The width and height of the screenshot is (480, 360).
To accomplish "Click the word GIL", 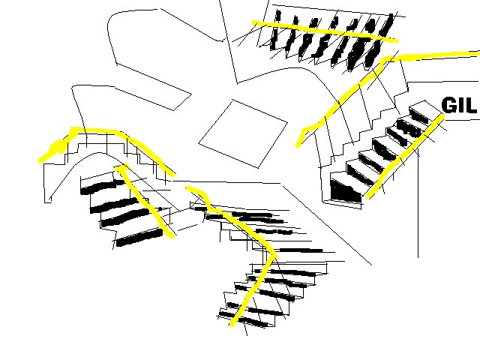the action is click(459, 105).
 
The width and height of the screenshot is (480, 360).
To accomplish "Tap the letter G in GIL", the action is click(449, 105).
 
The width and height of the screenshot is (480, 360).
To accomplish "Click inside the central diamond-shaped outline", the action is click(243, 134).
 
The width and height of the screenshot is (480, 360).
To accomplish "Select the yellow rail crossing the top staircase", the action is click(325, 31).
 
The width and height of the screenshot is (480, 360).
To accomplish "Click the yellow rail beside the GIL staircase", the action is click(406, 156).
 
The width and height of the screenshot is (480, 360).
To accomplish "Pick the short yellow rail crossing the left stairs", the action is click(144, 200).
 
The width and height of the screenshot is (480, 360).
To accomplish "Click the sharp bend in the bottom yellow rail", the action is click(274, 254).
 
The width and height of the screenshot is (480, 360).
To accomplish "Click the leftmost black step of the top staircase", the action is click(275, 30).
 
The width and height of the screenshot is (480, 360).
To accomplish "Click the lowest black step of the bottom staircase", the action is click(241, 318).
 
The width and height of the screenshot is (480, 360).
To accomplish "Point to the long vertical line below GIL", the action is click(418, 203).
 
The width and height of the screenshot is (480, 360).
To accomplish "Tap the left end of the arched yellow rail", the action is click(40, 160).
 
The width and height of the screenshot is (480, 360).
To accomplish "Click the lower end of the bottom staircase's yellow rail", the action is click(232, 325).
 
